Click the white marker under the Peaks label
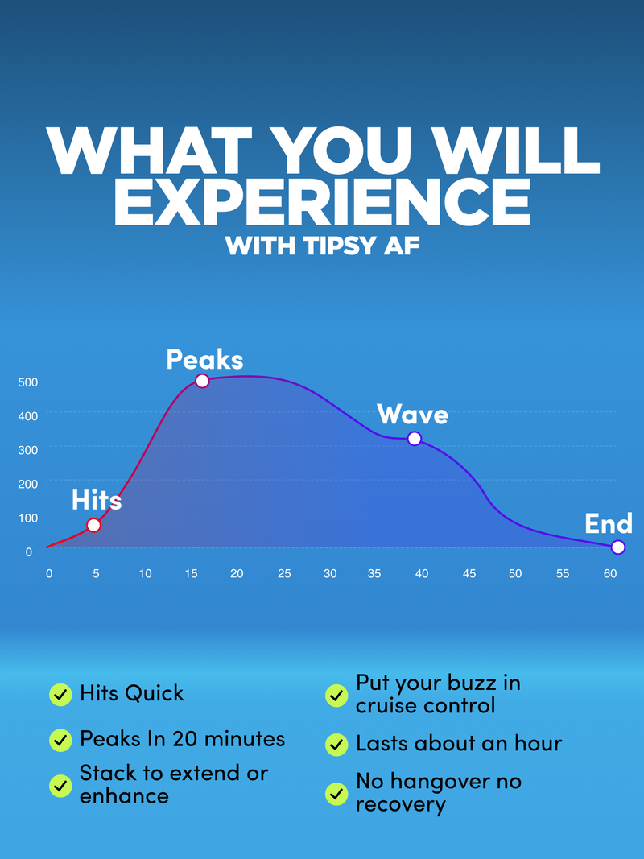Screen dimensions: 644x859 click(x=202, y=381)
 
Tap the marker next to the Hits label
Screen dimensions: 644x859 click(x=93, y=526)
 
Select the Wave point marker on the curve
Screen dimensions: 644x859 click(x=415, y=438)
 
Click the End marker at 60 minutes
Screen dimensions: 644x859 click(x=617, y=547)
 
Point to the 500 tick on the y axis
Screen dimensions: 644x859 click(x=28, y=382)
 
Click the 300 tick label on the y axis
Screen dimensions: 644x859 click(x=28, y=450)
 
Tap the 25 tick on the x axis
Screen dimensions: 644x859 click(x=284, y=573)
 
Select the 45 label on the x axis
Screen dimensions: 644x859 click(x=469, y=573)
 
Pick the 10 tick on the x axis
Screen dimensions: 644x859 click(x=145, y=573)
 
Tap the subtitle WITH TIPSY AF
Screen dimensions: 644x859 click(x=322, y=246)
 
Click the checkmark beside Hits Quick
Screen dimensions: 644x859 click(x=60, y=695)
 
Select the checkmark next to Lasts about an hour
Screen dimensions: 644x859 click(x=336, y=745)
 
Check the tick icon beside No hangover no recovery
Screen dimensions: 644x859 click(x=336, y=793)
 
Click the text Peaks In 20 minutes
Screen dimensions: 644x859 click(x=183, y=739)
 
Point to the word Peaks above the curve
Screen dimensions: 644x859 click(x=204, y=359)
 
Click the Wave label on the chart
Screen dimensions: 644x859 click(x=412, y=414)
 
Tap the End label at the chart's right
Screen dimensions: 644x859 click(x=609, y=524)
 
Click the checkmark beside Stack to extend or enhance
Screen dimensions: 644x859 click(x=60, y=786)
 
